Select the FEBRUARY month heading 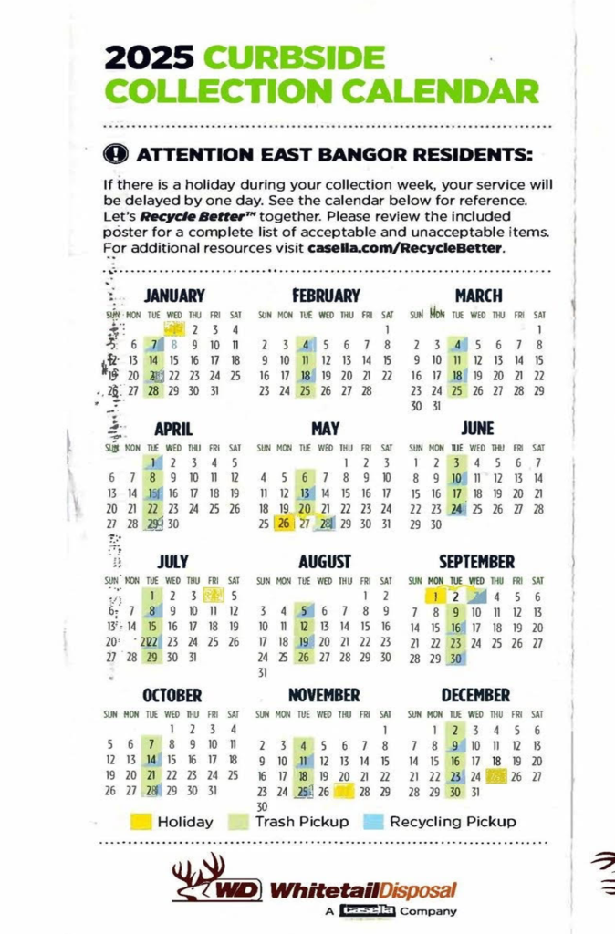click(326, 296)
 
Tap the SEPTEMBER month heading click(476, 562)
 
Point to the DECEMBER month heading click(476, 695)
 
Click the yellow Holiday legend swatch click(141, 822)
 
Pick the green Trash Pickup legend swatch click(239, 822)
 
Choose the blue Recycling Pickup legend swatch click(374, 822)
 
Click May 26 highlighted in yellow click(285, 524)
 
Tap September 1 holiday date click(437, 596)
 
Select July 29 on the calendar click(152, 657)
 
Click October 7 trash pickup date click(152, 743)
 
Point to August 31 click(264, 673)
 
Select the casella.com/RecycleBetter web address click(405, 247)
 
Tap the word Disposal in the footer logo click(419, 889)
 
